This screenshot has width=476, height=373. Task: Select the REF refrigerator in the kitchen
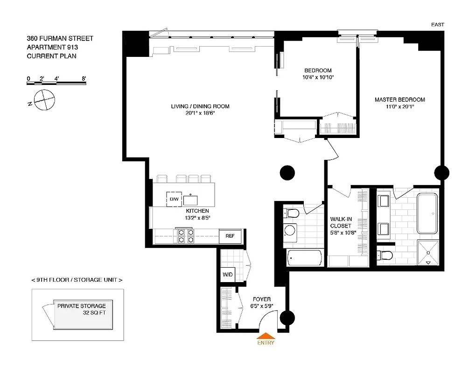tap(230, 236)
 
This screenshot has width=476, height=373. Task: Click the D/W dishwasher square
tap(174, 199)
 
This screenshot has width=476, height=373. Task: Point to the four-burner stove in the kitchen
tap(184, 236)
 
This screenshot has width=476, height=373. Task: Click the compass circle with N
tap(45, 99)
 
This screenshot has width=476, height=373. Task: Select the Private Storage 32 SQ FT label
tap(82, 310)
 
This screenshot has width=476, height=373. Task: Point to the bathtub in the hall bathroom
tap(305, 257)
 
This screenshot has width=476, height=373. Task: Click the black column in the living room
tap(287, 173)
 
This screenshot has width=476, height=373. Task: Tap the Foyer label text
tap(261, 299)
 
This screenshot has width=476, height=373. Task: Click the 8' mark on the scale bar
tap(84, 78)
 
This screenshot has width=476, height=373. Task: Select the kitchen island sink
tap(190, 200)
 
